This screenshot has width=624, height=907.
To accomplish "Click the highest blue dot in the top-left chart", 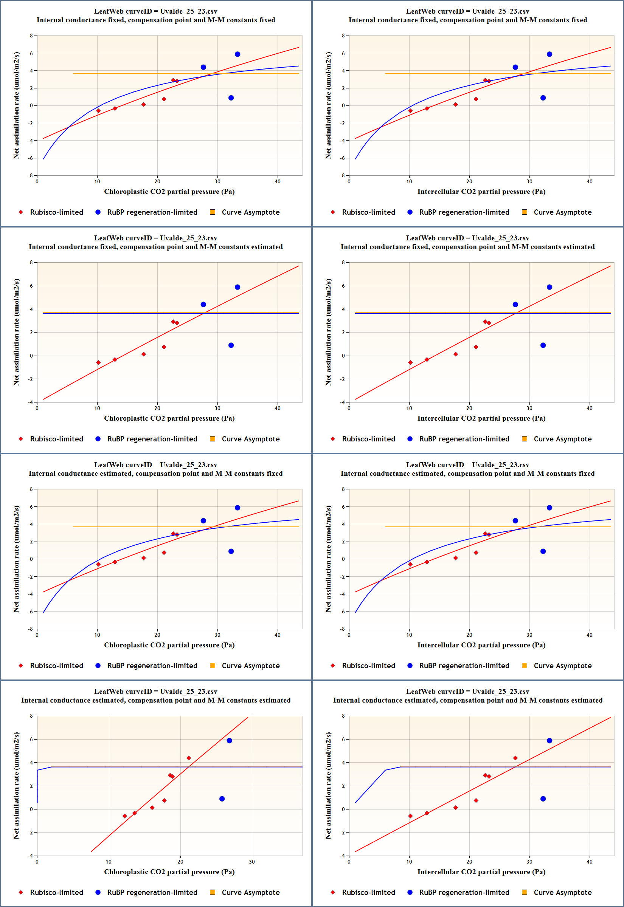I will pos(237,54).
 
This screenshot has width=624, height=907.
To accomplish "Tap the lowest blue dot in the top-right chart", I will pos(543,98).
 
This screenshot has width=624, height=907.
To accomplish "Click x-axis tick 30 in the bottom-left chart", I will pos(252,862).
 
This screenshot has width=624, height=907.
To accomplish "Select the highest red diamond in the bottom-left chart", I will pos(189,758).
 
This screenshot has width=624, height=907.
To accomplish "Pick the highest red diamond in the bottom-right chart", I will pos(515,758).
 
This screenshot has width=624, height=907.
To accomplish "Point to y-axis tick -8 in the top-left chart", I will pos(31,175).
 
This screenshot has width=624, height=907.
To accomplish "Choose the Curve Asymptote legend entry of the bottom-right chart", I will pos(562,892).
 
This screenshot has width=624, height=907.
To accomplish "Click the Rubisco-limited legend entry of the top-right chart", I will pos(368,212).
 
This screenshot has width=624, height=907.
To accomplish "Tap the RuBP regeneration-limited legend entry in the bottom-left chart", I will pos(152,892).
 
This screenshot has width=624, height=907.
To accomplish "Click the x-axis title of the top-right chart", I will pos(481,191).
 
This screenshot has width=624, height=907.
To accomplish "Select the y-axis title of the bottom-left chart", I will pos(16,786).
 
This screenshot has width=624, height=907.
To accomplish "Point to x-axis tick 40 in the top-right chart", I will pos(589,182).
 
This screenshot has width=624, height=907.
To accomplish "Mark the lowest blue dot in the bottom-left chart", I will pos(222,799).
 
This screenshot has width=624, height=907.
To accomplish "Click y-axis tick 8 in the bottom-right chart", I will pos(343,716).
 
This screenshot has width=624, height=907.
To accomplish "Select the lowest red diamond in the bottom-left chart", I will pos(125,816).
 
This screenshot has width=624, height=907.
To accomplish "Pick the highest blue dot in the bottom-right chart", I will pos(549,741).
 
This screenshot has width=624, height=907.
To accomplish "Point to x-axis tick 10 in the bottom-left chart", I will pos(109,862).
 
